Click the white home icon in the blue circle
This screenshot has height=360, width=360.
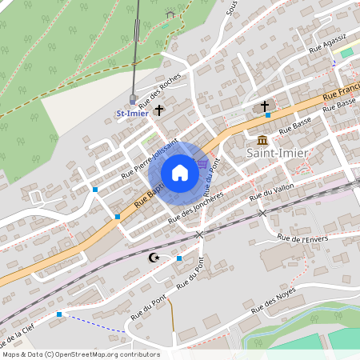(180, 172)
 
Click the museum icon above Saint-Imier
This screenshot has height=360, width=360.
(262, 140)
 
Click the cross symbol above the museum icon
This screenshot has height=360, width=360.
(265, 106)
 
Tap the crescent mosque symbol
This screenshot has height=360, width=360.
(154, 257)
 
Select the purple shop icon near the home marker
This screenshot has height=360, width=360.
(203, 163)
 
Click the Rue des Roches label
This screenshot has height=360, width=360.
(160, 92)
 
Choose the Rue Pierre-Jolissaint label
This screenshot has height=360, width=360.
(150, 158)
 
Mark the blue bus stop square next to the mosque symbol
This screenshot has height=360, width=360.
(179, 258)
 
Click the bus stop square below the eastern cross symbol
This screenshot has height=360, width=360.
(268, 115)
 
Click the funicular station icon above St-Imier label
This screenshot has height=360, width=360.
(132, 99)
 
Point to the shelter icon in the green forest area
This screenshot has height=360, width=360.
(170, 14)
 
